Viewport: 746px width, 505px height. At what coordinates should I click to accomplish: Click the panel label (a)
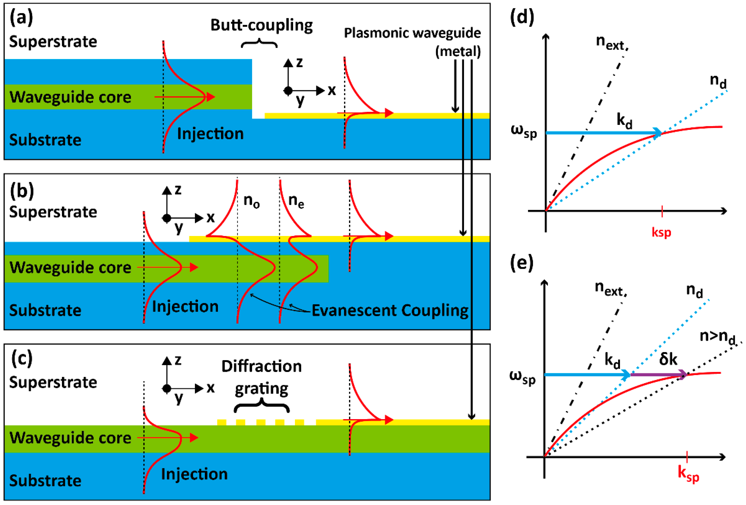coord(21,18)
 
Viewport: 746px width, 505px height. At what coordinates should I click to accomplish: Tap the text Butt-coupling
coord(261,26)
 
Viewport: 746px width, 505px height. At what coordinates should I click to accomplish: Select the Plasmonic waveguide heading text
coord(412,33)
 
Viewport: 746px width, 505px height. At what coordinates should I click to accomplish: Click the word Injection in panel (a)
coord(210,134)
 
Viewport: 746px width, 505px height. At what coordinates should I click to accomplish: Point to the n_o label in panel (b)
coord(251,201)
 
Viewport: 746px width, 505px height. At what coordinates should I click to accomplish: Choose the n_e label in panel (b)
coord(296,201)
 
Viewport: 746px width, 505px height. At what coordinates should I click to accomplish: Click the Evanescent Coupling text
coord(390,310)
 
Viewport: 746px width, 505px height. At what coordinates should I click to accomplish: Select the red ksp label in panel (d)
coord(661,232)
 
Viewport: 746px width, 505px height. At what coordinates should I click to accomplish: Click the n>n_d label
coord(717,337)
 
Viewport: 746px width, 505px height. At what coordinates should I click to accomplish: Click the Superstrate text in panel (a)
coord(53,42)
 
